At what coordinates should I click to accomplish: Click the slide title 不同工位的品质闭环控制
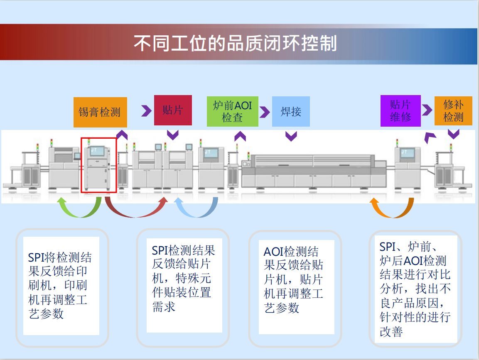(x=235, y=43)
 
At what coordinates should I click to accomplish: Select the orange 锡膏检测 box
(x=99, y=112)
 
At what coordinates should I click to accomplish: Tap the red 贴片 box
(x=173, y=110)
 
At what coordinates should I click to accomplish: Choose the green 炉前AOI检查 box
(x=232, y=111)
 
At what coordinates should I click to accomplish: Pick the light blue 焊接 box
(x=291, y=111)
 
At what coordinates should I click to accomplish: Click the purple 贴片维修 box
(x=400, y=111)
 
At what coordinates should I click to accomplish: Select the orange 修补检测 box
(x=453, y=111)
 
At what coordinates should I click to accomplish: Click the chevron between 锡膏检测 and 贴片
(x=146, y=111)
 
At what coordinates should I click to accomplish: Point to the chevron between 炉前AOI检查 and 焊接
(x=265, y=111)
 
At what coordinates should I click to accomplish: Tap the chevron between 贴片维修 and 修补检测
(x=427, y=110)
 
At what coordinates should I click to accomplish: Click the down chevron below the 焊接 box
(x=291, y=136)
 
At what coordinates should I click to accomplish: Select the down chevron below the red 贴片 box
(x=172, y=135)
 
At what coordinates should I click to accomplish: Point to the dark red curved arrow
(x=136, y=208)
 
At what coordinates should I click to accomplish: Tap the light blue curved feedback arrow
(x=196, y=209)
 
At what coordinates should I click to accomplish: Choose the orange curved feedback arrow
(x=392, y=209)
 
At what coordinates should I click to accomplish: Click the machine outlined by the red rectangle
(x=98, y=165)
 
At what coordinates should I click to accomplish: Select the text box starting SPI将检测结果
(x=61, y=286)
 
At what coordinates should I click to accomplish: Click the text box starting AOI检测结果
(x=296, y=287)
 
